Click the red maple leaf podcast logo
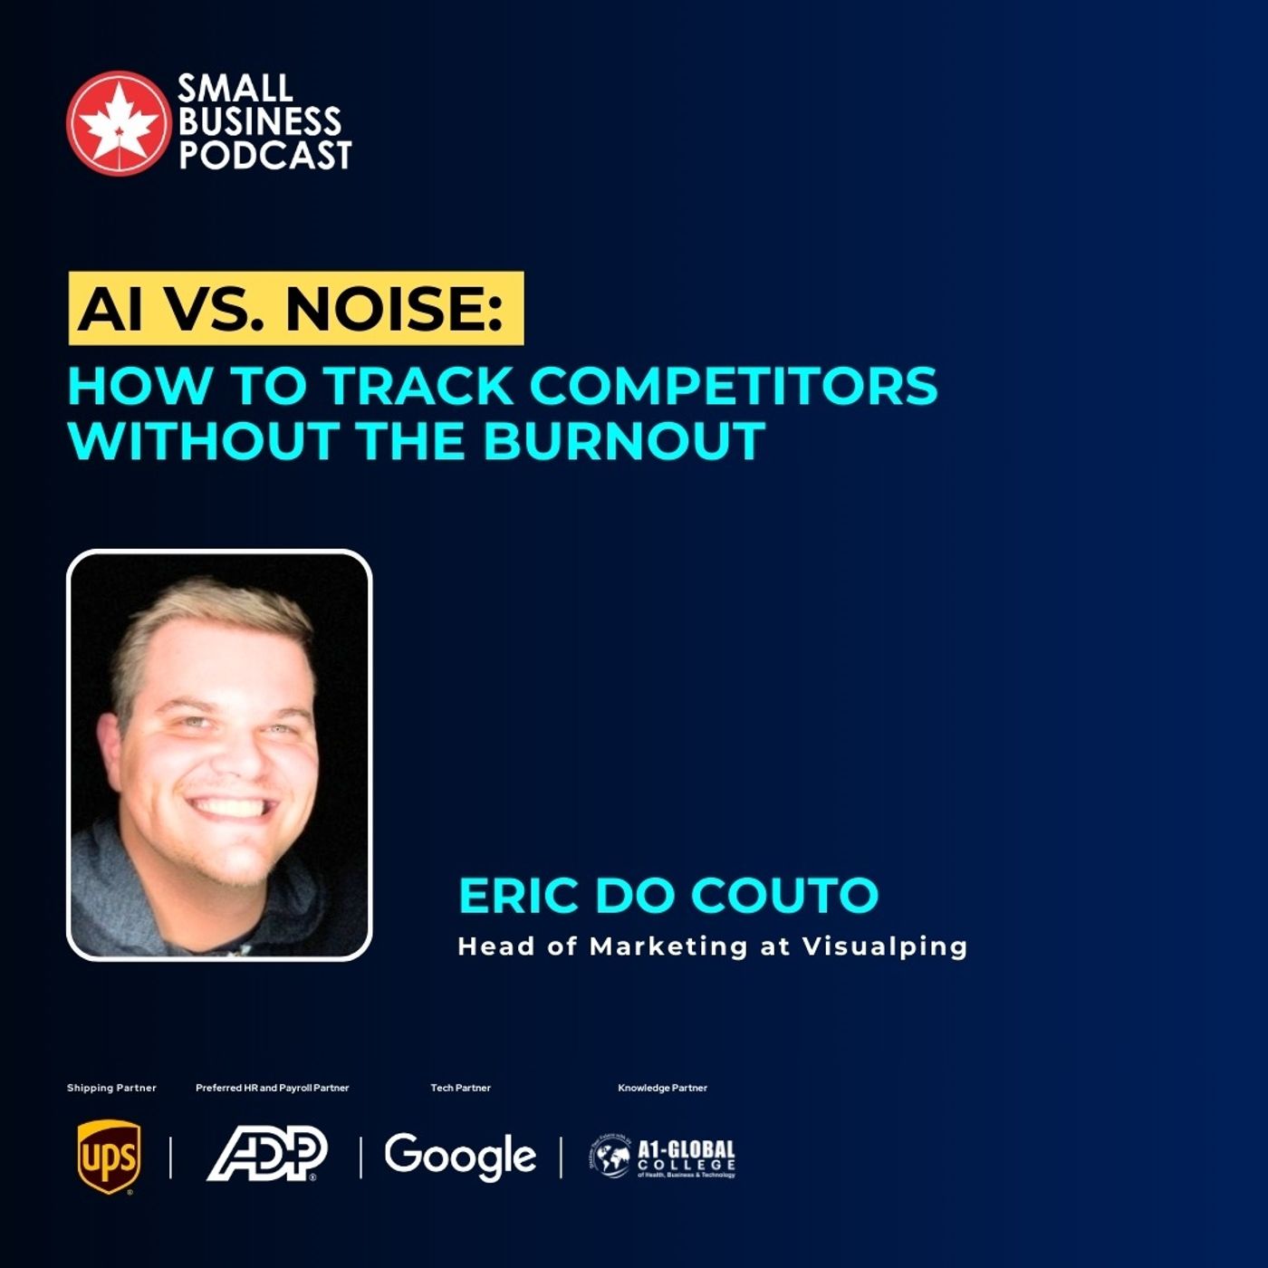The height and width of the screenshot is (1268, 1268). point(118,122)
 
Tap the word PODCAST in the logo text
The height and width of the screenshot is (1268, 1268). point(264,156)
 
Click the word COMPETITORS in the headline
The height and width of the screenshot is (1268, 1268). point(734,386)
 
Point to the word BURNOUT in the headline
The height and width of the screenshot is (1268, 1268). point(624,441)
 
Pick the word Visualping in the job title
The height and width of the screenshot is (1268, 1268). point(885,946)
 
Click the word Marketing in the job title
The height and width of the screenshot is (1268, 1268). point(668,946)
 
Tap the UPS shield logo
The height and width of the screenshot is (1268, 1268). point(109,1157)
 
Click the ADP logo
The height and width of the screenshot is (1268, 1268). point(267,1154)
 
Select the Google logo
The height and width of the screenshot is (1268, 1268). point(460,1156)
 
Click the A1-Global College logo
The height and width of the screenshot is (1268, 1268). point(662,1158)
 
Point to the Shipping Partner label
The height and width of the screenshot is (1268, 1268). point(111,1088)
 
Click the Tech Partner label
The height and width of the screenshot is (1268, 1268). point(460,1088)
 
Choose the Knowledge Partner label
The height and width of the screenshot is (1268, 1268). point(662,1088)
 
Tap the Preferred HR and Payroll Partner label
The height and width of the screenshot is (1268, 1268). point(272,1088)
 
